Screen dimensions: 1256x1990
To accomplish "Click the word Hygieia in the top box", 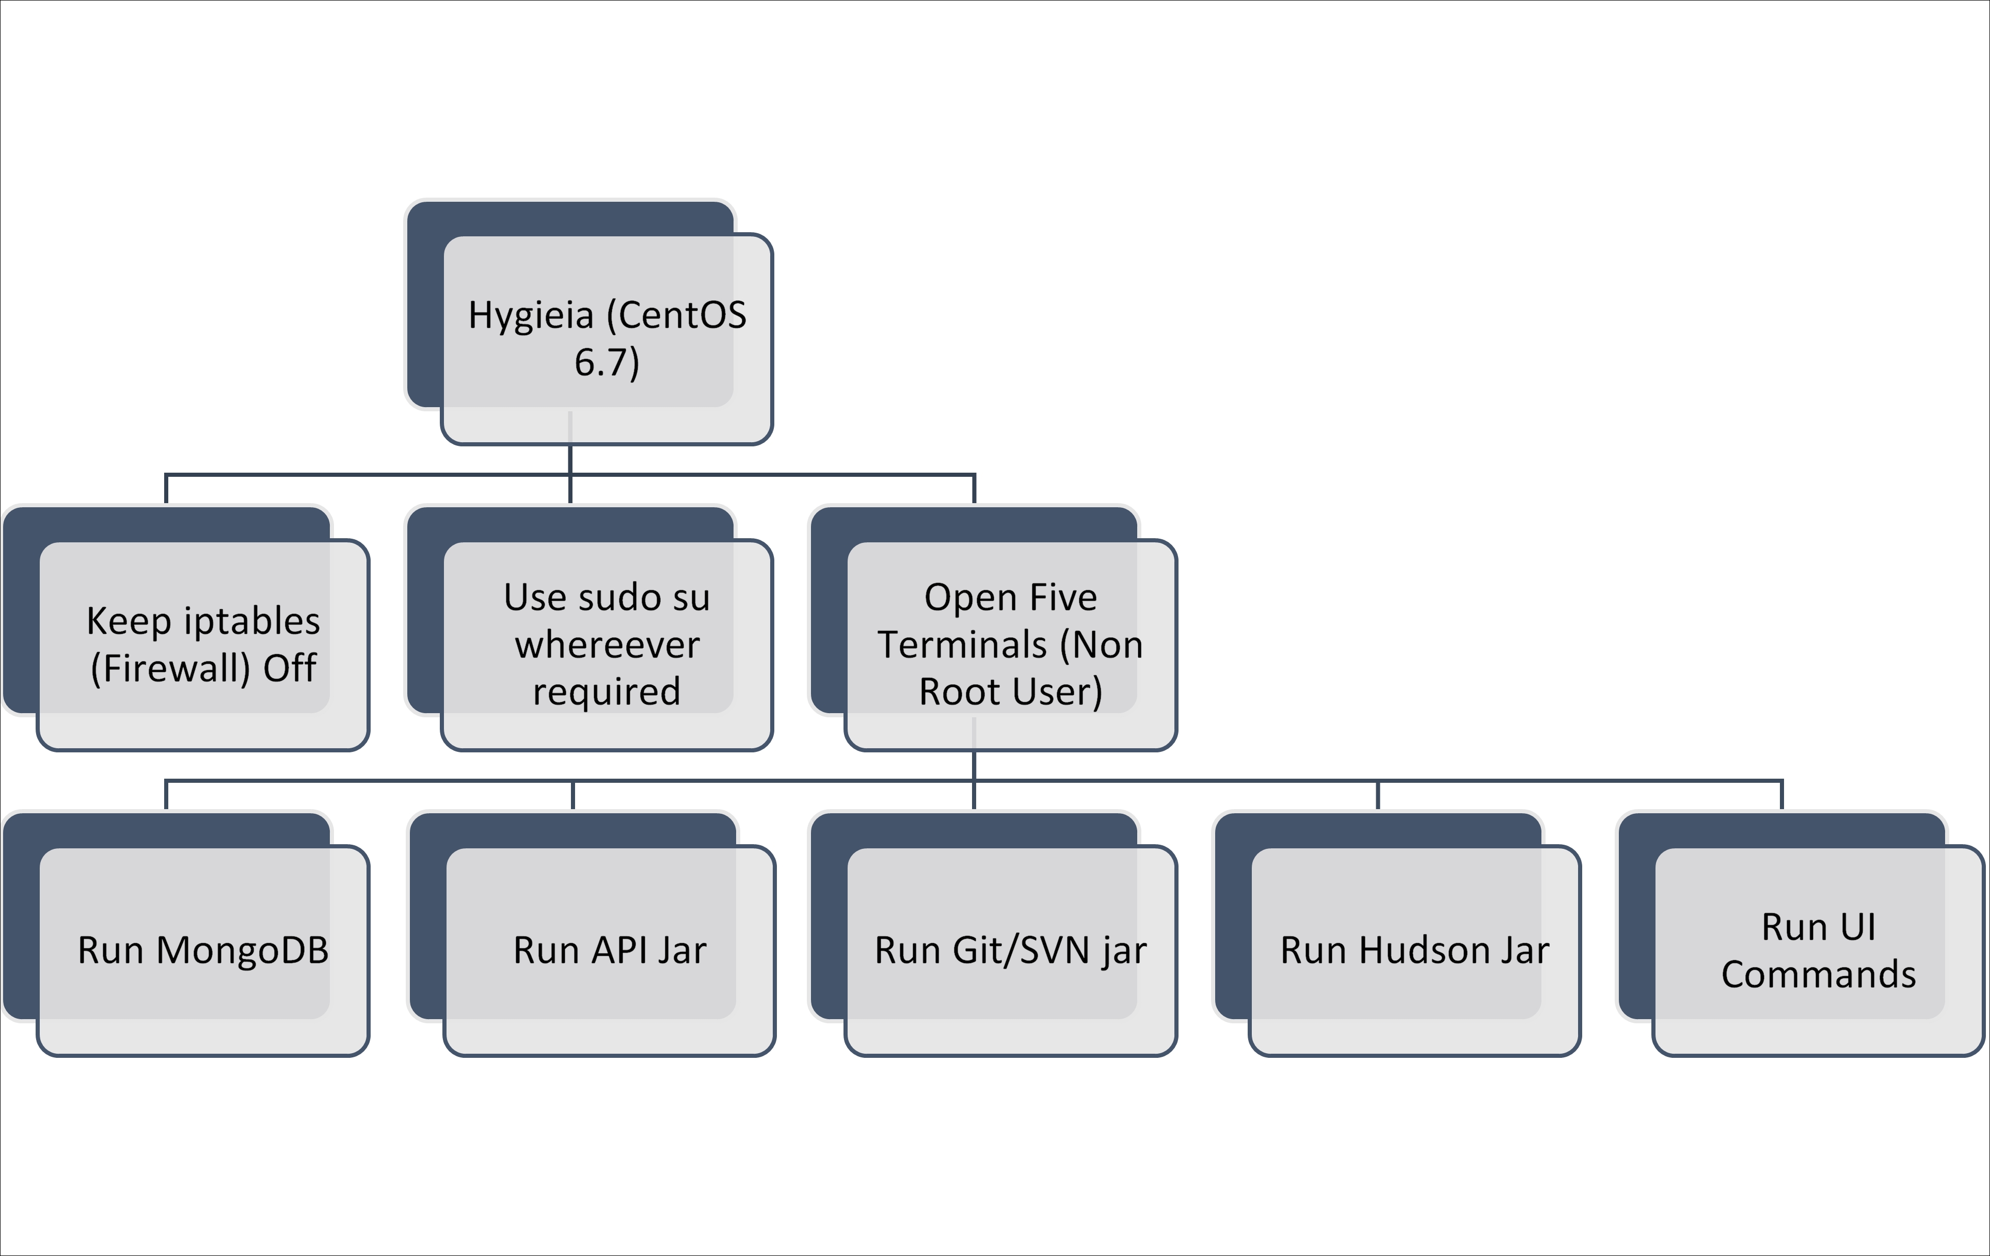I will (531, 316).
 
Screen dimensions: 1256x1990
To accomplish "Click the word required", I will (607, 691).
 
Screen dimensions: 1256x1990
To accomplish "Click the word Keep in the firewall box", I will (128, 621).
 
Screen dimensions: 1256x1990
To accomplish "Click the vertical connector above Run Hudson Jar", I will (1378, 795).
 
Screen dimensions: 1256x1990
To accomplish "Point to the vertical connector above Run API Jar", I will (572, 795).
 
